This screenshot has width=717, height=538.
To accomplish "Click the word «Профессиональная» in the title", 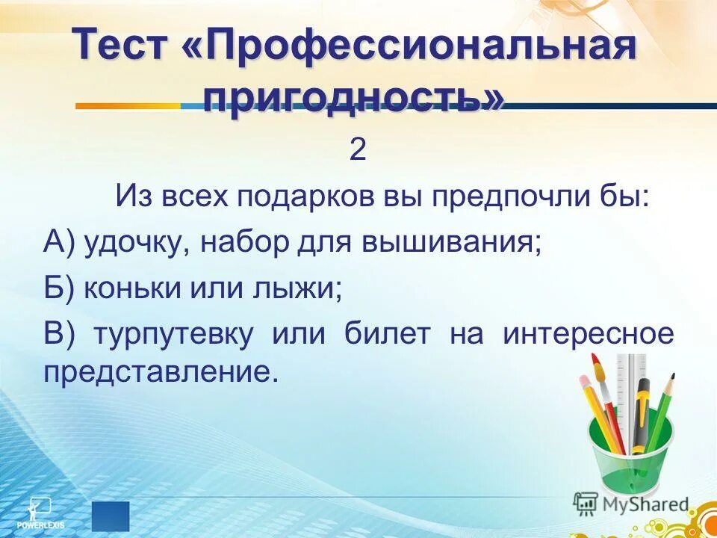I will [422, 48].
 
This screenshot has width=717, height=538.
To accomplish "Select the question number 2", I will [358, 151].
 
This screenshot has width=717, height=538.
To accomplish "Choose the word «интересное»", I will [589, 333].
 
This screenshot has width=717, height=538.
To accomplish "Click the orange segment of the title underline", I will [127, 106].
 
